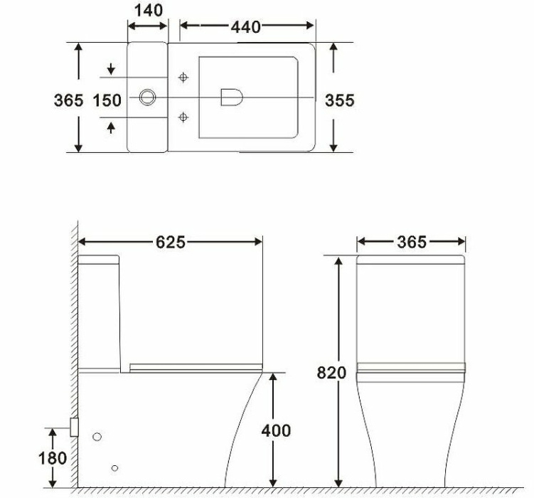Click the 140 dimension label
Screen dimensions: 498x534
[148, 10]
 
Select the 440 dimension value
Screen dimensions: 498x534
[245, 27]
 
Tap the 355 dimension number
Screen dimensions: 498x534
[340, 100]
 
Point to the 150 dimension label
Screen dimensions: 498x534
[107, 100]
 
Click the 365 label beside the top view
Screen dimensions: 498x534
[69, 100]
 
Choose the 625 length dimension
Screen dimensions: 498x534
[171, 243]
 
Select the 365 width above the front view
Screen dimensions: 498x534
[412, 243]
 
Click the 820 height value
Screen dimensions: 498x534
[333, 373]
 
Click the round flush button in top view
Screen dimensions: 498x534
[148, 97]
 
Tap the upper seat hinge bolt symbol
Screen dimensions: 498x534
[183, 77]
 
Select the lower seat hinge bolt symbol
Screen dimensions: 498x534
[183, 116]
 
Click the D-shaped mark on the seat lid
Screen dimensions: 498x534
[230, 97]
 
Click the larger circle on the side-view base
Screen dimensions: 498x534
[97, 437]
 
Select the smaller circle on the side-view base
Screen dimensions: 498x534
[114, 467]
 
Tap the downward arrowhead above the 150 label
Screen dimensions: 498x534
[111, 70]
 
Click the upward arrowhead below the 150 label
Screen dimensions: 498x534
[111, 127]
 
